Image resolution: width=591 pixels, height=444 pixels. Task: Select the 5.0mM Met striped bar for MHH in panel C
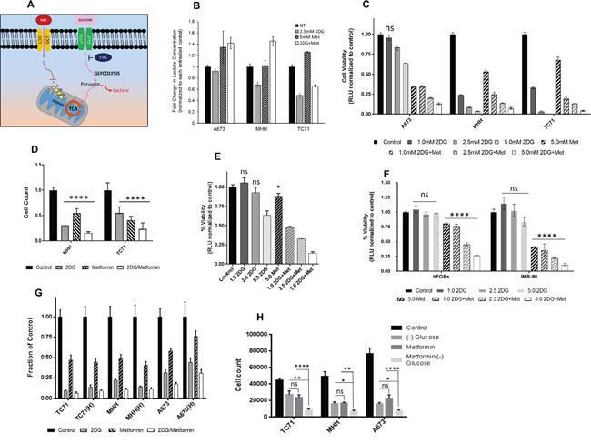click(461, 93)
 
